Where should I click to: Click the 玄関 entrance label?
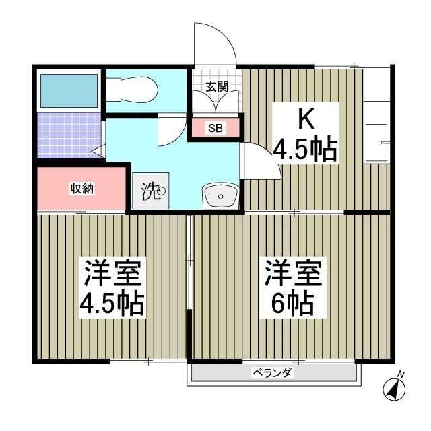click(217, 86)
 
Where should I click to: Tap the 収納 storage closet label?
click(82, 189)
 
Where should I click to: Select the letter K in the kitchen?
click(306, 119)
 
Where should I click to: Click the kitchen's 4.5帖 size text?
click(304, 150)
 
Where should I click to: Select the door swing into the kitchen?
click(261, 165)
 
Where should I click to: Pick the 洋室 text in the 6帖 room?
click(292, 272)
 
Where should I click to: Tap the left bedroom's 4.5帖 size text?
click(112, 304)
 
